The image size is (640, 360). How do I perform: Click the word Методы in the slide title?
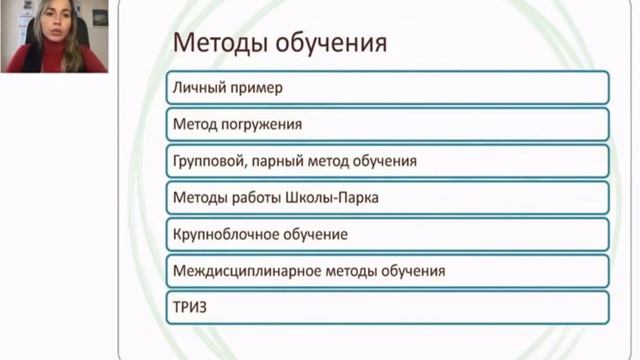[x=221, y=43]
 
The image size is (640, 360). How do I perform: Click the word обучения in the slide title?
[x=331, y=43]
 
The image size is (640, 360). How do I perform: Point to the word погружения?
[x=261, y=125]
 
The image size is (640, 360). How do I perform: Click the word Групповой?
[x=209, y=162]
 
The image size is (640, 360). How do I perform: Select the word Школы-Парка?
[x=331, y=198]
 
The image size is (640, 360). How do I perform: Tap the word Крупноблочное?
[x=226, y=235]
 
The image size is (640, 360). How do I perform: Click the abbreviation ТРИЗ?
[x=190, y=307]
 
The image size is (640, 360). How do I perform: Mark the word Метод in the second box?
[x=194, y=124]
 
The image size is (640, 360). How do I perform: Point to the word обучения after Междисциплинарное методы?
[x=413, y=271]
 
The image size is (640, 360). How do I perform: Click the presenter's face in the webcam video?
[x=52, y=21]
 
